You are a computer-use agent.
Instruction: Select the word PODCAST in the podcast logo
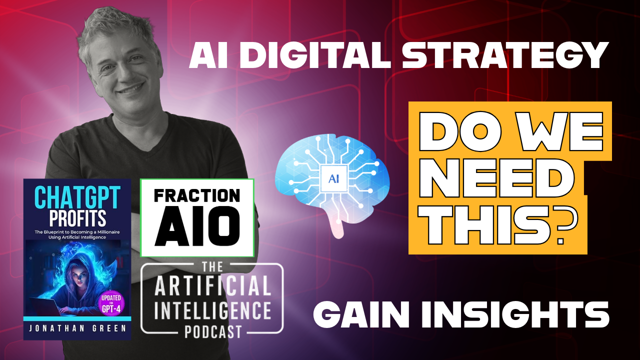[x=212, y=330]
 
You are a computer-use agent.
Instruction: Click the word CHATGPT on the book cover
[x=77, y=199]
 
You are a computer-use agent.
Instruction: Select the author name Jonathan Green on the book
[x=77, y=330]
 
